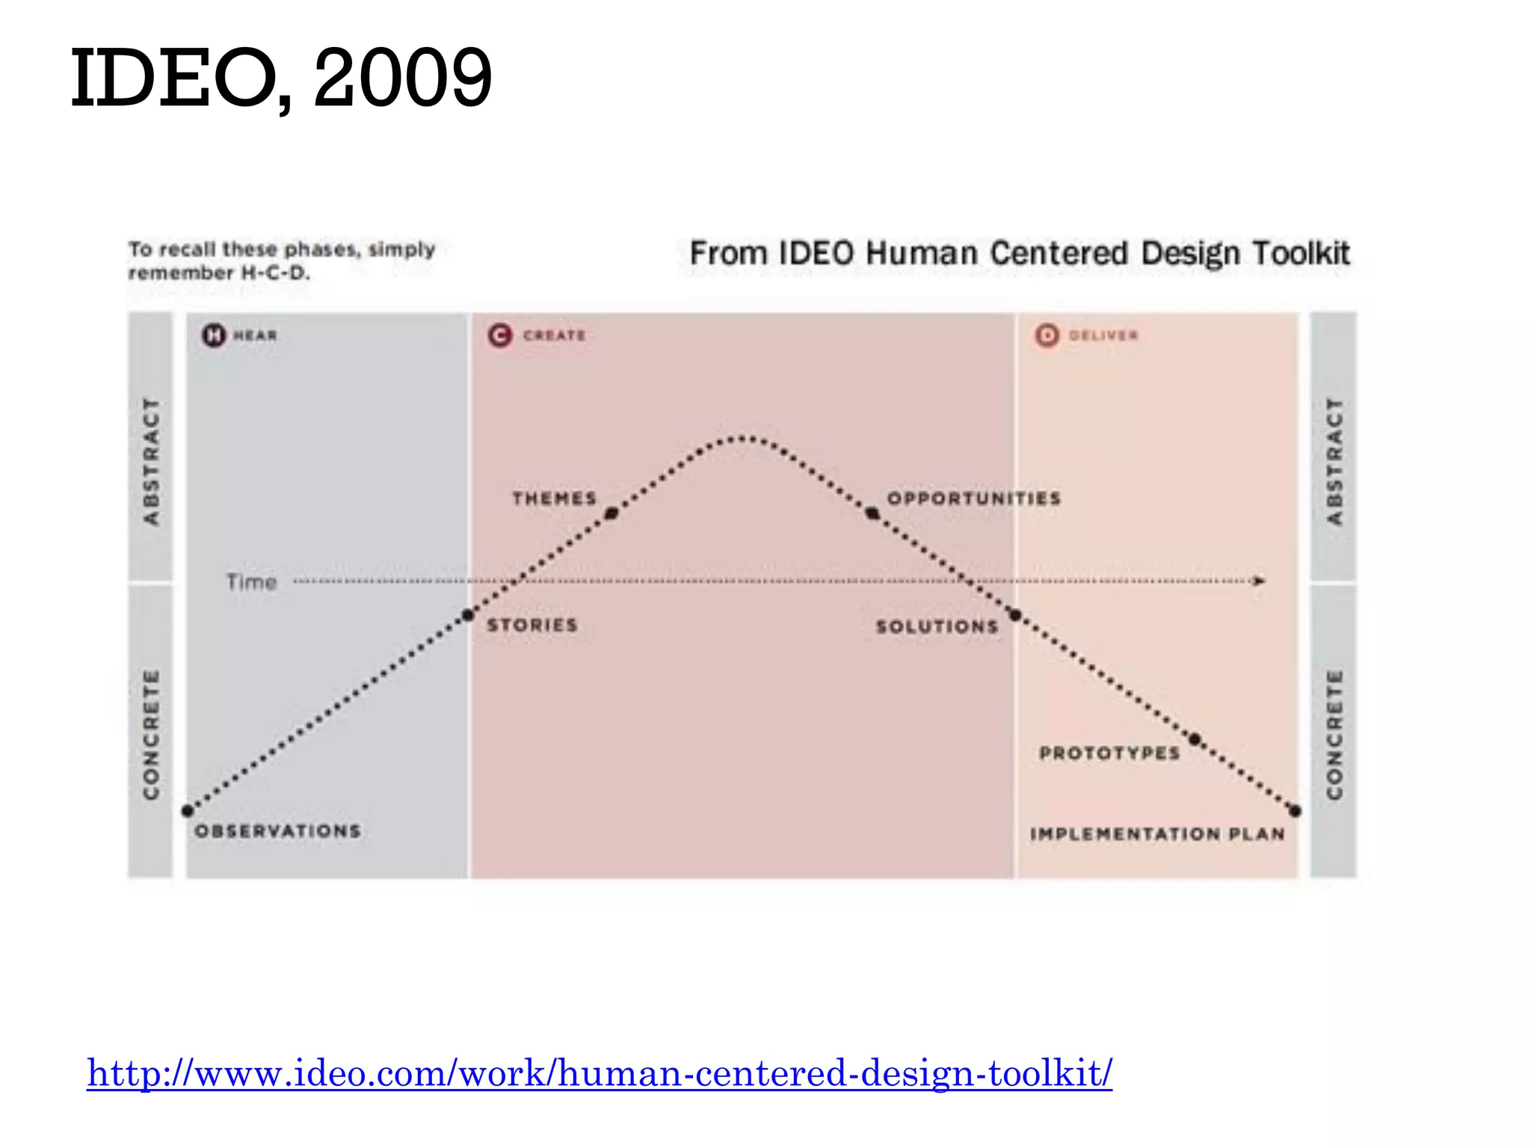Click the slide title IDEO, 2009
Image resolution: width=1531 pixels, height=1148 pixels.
coord(281,78)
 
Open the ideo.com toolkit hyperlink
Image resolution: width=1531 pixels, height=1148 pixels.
coord(600,1073)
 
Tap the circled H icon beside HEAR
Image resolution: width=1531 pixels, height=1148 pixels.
coord(214,335)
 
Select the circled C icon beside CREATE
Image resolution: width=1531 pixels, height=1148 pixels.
coord(500,335)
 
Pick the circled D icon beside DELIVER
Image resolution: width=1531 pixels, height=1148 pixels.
coord(1047,335)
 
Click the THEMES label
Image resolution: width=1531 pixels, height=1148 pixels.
coord(554,499)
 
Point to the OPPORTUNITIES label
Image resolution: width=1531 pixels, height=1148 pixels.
coord(973,499)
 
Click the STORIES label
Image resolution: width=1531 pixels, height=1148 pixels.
coord(532,625)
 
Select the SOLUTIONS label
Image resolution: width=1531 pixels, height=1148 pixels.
coord(937,626)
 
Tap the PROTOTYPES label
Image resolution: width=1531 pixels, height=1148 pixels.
coord(1109,753)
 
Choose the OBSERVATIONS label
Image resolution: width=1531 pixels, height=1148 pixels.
coord(277,831)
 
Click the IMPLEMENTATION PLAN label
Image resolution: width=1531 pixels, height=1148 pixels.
coord(1157,834)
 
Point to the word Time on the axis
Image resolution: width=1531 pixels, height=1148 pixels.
coord(251,581)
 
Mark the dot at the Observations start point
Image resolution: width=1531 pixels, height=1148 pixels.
coord(188,811)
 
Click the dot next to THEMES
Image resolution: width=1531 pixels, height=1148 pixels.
coord(612,513)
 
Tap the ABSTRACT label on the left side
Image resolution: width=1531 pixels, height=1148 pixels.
coord(151,461)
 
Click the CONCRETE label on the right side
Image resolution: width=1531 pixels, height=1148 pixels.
coord(1334,734)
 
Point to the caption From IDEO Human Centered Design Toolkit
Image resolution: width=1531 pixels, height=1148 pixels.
coord(1020,253)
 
